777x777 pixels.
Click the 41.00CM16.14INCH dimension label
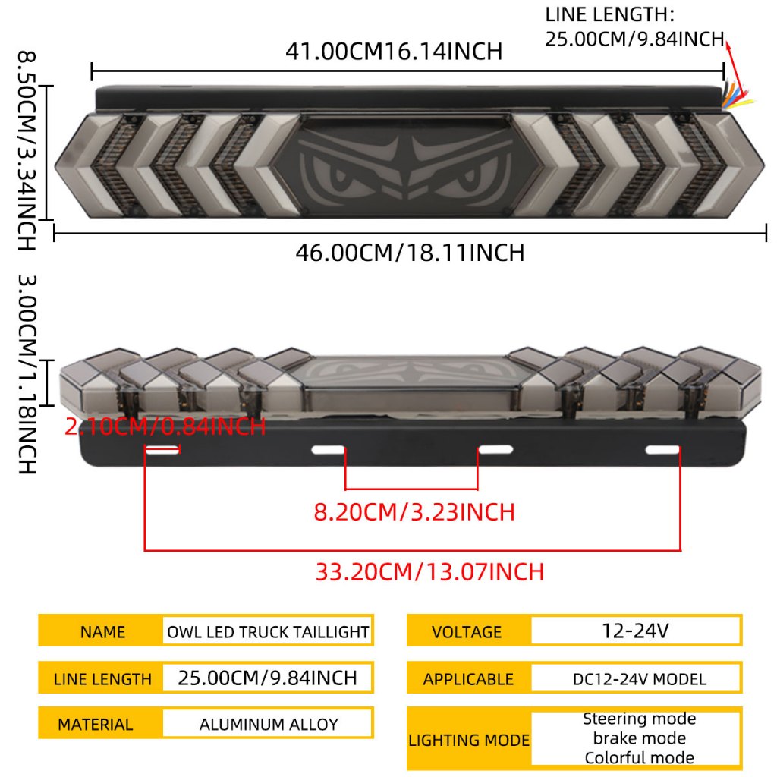pos(394,52)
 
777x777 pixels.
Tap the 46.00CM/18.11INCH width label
pos(410,253)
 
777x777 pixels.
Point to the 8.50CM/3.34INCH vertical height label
pos(27,150)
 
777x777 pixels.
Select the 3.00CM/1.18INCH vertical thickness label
pos(27,374)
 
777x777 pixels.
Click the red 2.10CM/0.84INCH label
pos(165,426)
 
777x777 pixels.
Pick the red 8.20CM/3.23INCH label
pos(414,512)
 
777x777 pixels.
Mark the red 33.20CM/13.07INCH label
pos(429,572)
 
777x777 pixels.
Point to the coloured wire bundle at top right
pos(737,96)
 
